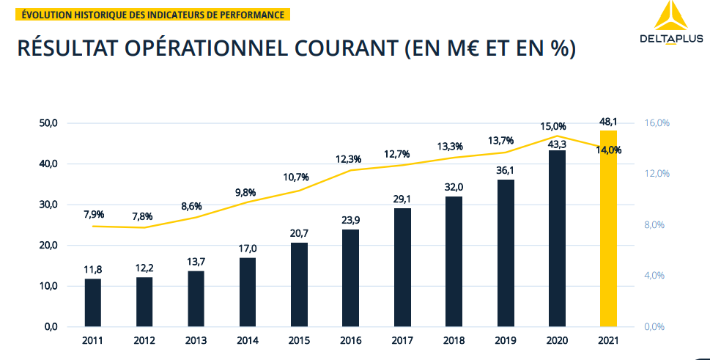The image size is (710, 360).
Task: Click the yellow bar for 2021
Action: (608, 228)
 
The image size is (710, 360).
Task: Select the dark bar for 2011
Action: (93, 302)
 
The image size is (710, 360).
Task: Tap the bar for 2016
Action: (350, 278)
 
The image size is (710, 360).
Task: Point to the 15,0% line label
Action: (554, 126)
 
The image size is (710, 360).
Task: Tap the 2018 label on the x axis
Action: (454, 341)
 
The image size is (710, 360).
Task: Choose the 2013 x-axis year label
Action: (196, 341)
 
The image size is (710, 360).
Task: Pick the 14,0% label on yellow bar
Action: (608, 150)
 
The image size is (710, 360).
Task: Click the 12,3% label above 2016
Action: (348, 159)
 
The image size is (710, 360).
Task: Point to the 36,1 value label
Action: (506, 170)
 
